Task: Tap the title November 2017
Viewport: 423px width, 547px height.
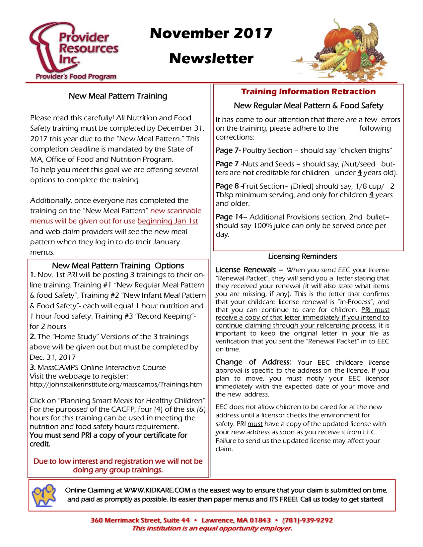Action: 211,33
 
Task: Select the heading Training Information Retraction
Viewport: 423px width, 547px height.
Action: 308,91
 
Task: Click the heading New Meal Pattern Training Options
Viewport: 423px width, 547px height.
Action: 118,266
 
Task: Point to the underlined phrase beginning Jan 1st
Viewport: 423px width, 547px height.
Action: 168,221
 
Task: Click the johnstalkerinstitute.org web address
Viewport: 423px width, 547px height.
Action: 115,385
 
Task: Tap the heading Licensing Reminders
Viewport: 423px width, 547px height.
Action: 302,256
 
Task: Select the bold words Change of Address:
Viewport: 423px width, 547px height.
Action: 253,362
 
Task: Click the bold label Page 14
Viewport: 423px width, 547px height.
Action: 229,217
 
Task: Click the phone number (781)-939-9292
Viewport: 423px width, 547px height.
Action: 307,520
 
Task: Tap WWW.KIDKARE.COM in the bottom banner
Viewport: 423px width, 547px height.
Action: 157,490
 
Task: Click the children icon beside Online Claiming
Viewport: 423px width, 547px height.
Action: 44,495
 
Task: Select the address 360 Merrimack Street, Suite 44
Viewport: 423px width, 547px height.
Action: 140,520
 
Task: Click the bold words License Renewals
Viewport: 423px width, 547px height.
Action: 246,270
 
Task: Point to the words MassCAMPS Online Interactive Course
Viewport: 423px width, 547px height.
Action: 102,367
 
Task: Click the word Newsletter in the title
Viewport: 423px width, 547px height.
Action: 211,59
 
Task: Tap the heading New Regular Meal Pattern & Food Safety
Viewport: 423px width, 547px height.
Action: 308,106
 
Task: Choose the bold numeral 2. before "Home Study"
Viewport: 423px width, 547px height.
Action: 33,337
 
